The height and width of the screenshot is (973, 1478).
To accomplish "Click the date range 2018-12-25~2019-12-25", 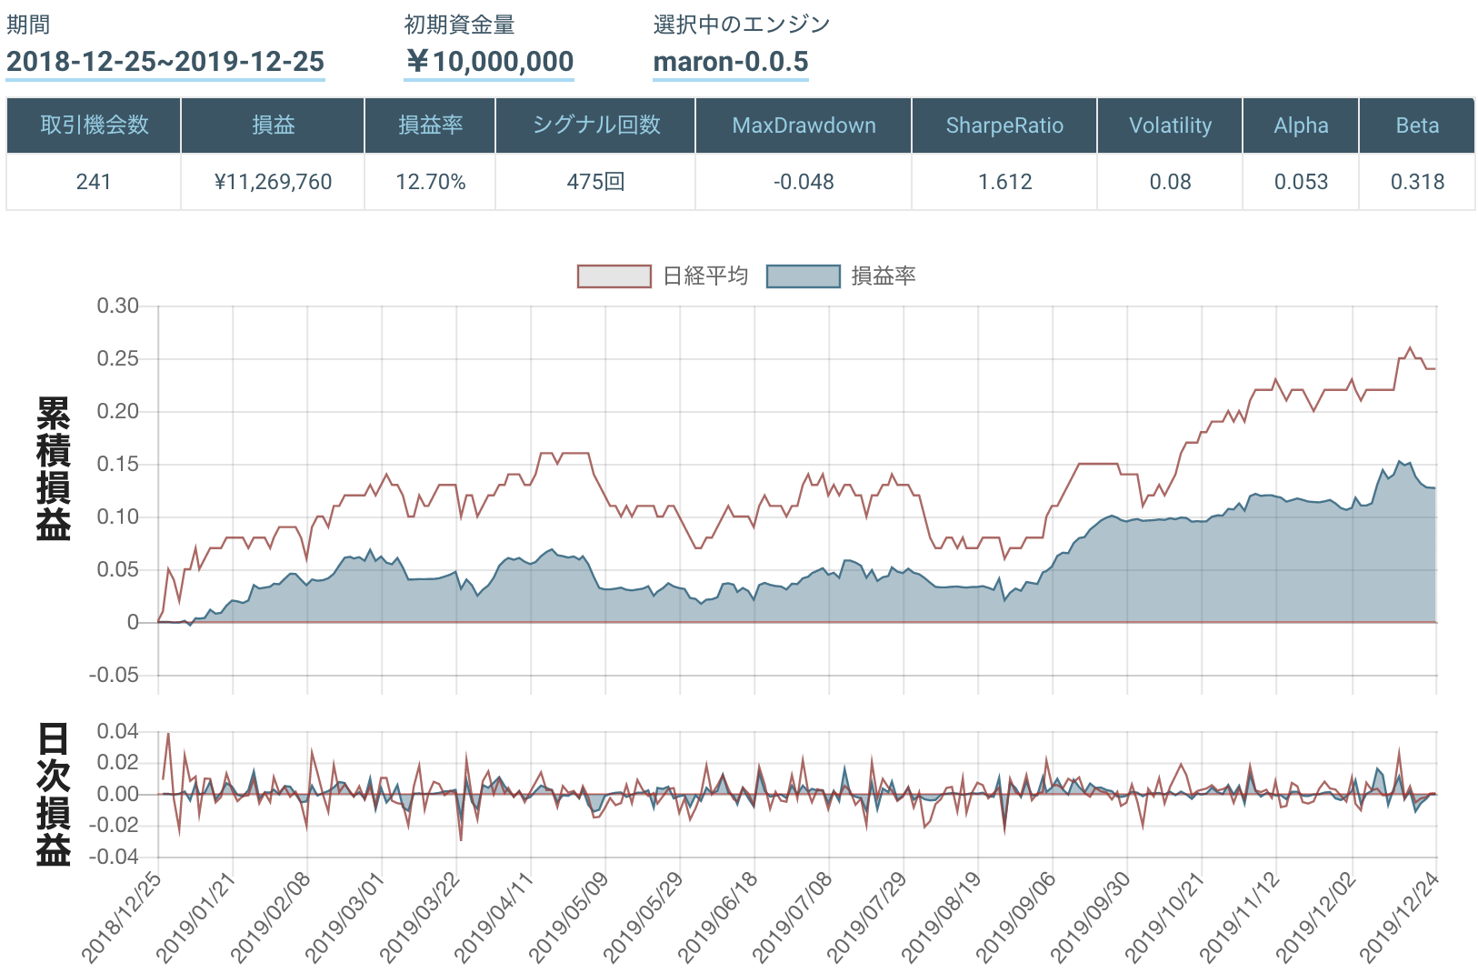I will pyautogui.click(x=165, y=62).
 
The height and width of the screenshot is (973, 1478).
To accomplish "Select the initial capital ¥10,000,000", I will pyautogui.click(x=489, y=62).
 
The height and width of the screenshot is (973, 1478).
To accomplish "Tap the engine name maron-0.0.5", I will pyautogui.click(x=731, y=62).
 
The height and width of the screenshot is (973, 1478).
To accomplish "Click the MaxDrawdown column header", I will pyautogui.click(x=804, y=125).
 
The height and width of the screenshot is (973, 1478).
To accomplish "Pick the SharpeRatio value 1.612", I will pyautogui.click(x=1004, y=182).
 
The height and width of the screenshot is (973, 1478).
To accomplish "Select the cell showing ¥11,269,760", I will pyautogui.click(x=273, y=182).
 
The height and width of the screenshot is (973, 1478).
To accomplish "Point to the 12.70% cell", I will pyautogui.click(x=430, y=182).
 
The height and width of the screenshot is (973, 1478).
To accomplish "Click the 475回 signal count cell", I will pyautogui.click(x=595, y=182).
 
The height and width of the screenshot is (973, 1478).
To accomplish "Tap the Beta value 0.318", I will pyautogui.click(x=1417, y=182).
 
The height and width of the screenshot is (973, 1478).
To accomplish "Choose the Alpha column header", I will pyautogui.click(x=1301, y=125).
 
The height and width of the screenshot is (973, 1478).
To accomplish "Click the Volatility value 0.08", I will pyautogui.click(x=1170, y=182).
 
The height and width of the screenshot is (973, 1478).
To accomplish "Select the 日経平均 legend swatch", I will pyautogui.click(x=614, y=276).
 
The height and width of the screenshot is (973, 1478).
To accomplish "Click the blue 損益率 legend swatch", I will pyautogui.click(x=804, y=276).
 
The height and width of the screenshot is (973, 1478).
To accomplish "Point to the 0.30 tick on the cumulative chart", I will pyautogui.click(x=118, y=306).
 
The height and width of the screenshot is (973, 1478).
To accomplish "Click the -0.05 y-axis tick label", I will pyautogui.click(x=115, y=675).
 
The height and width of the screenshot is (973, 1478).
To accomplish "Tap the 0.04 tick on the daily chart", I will pyautogui.click(x=118, y=731).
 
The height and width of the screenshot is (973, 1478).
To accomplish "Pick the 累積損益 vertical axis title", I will pyautogui.click(x=54, y=468).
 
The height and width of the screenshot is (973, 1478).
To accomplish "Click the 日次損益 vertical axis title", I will pyautogui.click(x=54, y=794).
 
